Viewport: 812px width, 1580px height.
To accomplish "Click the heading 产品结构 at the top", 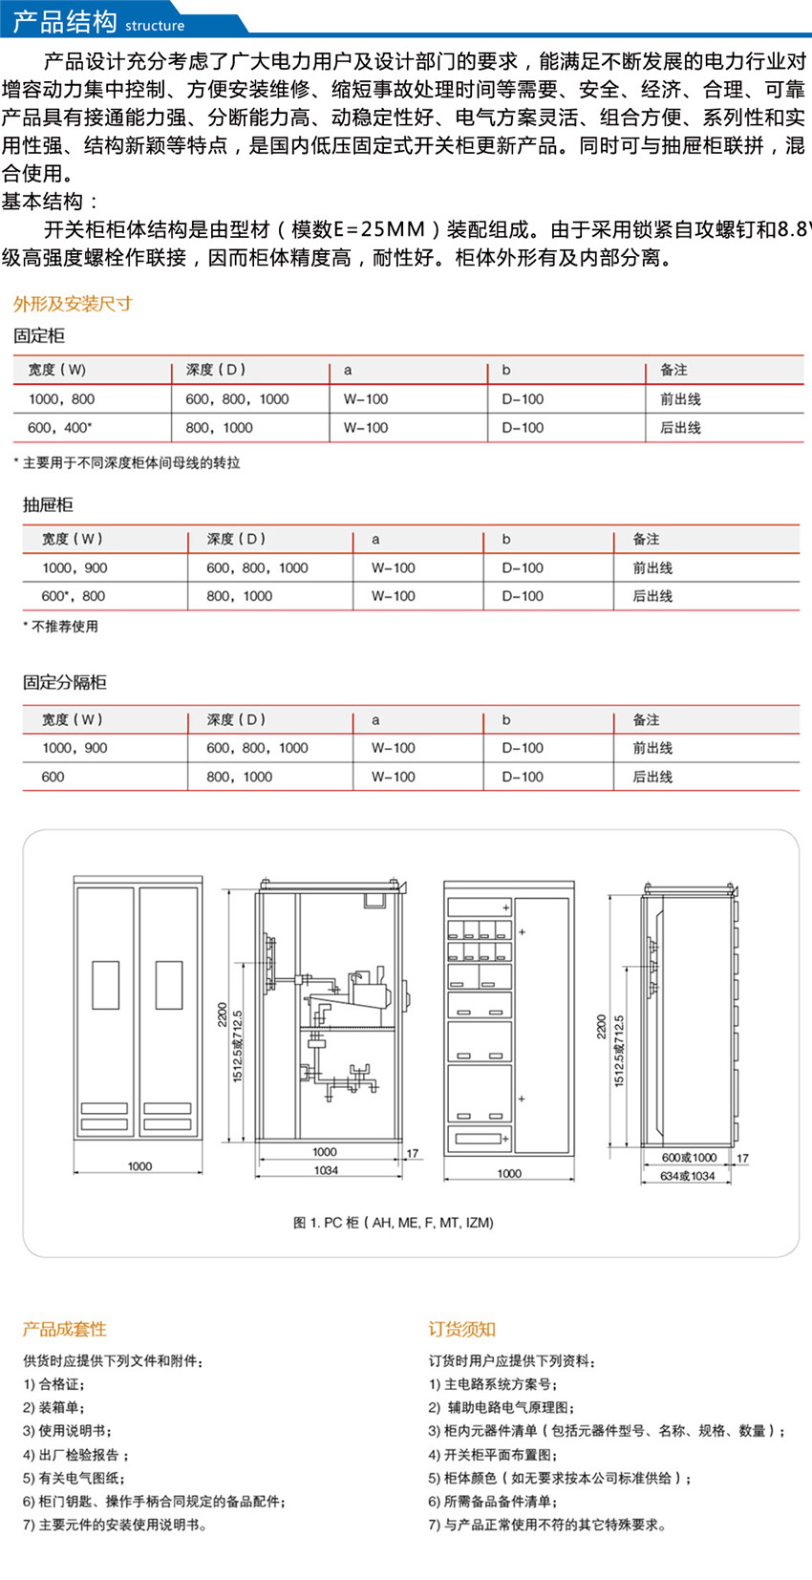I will [x=65, y=21].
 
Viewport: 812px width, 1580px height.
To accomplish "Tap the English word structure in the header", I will [x=155, y=26].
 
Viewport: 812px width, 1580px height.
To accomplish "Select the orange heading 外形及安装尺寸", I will [x=73, y=304].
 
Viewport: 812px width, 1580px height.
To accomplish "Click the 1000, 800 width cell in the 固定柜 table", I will [x=62, y=399].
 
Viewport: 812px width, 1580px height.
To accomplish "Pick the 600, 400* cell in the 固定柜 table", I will [x=60, y=428].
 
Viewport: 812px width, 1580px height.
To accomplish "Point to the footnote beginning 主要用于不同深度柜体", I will [x=128, y=463].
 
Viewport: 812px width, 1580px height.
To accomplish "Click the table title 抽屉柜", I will [x=48, y=504].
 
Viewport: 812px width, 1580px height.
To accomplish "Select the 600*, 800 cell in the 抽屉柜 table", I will [x=74, y=596].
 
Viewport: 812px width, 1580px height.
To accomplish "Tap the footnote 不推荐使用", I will [x=61, y=627].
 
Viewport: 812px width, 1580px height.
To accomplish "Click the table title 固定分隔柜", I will [x=65, y=682].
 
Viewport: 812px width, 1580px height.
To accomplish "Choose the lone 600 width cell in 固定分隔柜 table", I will [x=53, y=777].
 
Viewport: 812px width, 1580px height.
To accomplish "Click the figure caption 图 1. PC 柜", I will [x=394, y=1223].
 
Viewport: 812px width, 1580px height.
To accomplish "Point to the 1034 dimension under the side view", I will [x=326, y=1170].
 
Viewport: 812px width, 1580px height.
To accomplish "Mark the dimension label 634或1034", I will [x=688, y=1176].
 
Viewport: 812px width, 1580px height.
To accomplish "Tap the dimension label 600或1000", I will [x=689, y=1157].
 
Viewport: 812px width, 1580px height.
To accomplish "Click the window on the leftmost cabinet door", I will [x=105, y=985].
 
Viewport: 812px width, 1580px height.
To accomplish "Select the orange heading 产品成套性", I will [x=65, y=1329].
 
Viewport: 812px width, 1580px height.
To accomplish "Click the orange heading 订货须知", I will [x=461, y=1329].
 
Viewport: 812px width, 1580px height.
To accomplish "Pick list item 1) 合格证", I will [x=54, y=1384].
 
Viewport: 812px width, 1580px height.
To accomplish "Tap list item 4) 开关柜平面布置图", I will [x=493, y=1455].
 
